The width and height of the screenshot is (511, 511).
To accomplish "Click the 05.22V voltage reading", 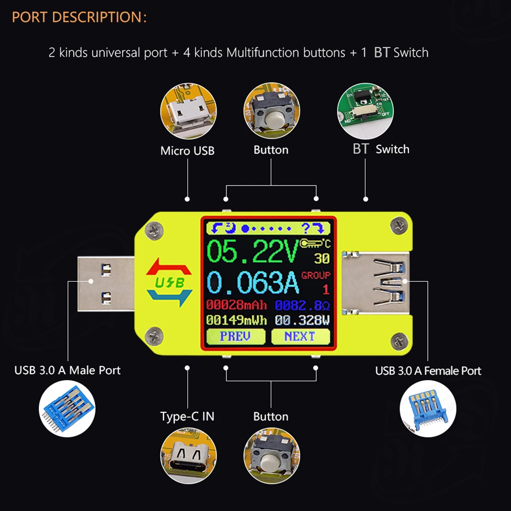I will [253, 251].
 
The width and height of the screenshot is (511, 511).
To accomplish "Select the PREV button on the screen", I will [235, 336].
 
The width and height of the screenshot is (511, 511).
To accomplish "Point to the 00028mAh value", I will [237, 305].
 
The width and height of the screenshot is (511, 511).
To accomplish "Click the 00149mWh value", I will [237, 320].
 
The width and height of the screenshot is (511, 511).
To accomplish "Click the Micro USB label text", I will [188, 151].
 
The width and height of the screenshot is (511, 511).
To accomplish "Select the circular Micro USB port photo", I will [188, 111].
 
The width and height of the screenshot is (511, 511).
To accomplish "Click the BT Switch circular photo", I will [365, 111].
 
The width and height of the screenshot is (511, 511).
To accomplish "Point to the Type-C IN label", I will [188, 416].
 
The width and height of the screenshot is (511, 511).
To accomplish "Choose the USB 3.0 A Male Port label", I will [67, 370].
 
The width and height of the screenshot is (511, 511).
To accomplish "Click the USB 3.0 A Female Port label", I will [428, 371].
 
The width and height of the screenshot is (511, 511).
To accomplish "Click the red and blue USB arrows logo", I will [169, 282].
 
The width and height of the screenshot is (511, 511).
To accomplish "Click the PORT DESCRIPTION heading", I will [79, 17].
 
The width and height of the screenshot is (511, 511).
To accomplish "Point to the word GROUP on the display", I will [316, 275].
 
